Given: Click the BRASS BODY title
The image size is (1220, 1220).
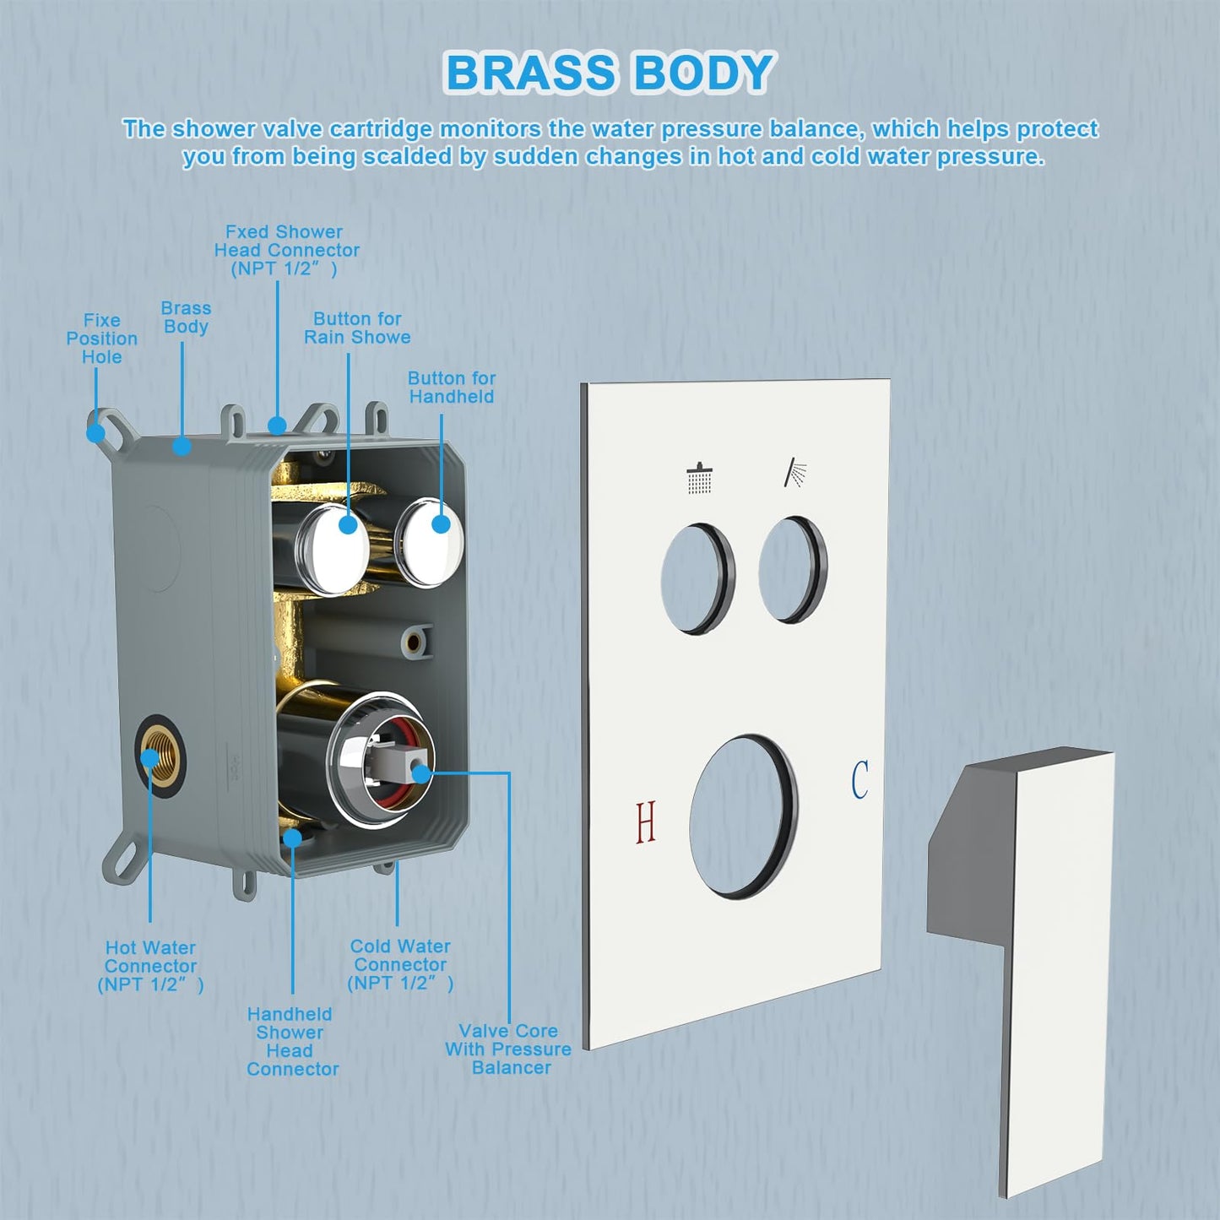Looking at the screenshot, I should click(x=609, y=73).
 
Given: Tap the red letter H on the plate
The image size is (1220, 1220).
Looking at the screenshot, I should click(x=646, y=822).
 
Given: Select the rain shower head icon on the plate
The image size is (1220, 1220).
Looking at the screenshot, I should click(x=699, y=478).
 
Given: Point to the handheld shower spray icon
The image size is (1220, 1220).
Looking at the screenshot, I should click(x=795, y=473).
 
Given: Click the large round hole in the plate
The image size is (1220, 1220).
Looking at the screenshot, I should click(x=742, y=816).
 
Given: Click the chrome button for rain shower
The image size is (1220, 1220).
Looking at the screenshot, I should click(x=332, y=548).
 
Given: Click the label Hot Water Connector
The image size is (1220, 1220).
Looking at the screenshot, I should click(x=151, y=966).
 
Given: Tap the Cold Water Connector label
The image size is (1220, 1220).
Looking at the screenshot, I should click(x=400, y=964).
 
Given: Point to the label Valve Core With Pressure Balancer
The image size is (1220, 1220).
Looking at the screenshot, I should click(x=508, y=1049).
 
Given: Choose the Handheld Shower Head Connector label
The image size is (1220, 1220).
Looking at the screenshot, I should click(x=291, y=1041).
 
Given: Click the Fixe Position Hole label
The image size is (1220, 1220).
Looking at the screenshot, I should click(x=102, y=339).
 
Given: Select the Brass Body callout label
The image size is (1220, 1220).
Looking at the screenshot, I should click(x=186, y=317).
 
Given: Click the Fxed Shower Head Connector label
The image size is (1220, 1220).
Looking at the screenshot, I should click(x=285, y=250).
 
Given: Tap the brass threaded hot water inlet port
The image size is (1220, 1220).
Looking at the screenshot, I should click(x=157, y=755).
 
